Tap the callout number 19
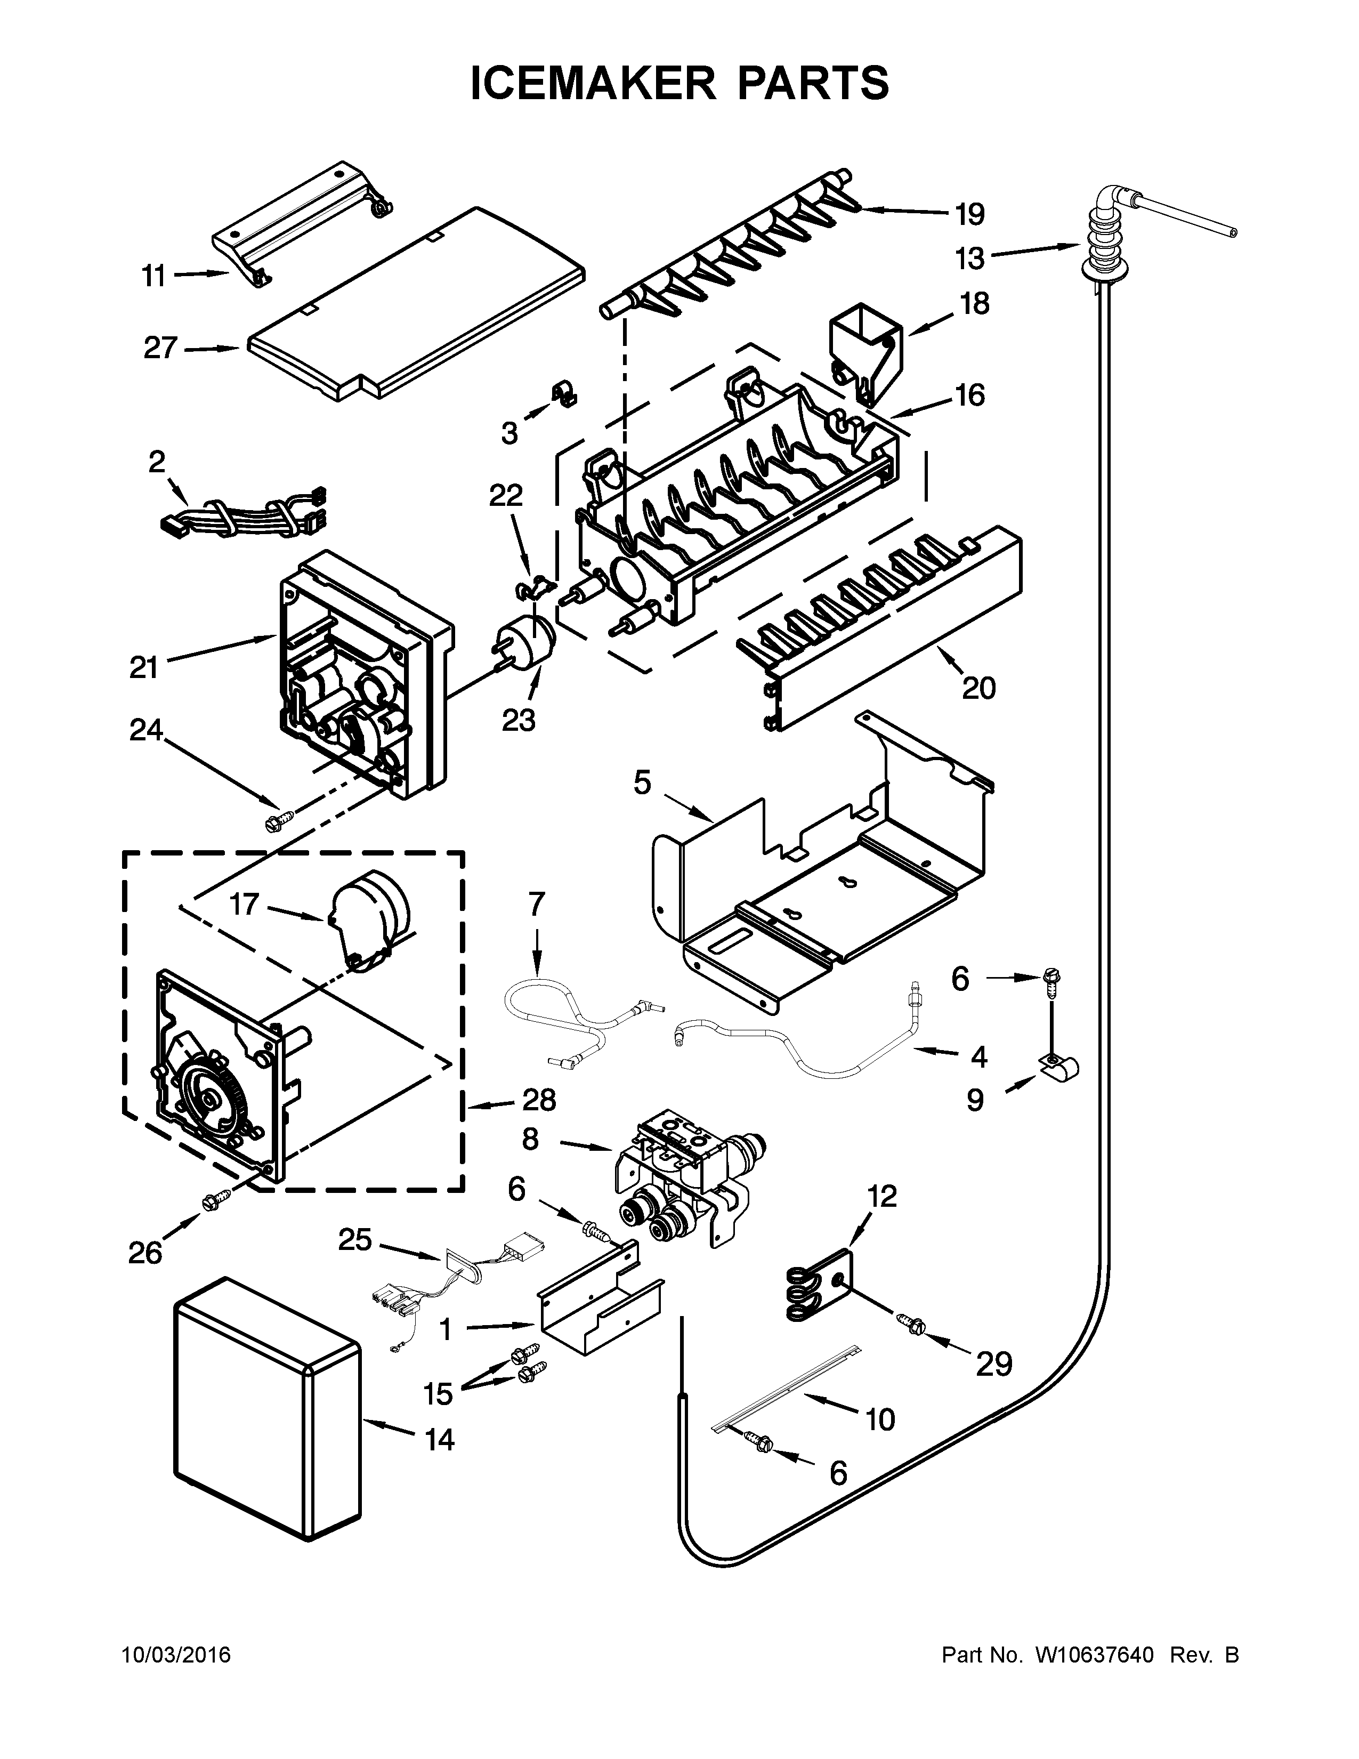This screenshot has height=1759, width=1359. click(x=970, y=215)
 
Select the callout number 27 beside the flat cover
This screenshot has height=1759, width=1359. click(x=160, y=348)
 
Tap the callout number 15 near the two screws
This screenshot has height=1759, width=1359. click(x=439, y=1393)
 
